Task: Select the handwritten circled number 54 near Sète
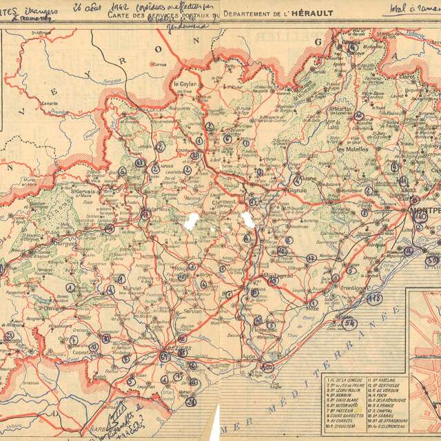349,322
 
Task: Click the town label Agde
251,357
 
